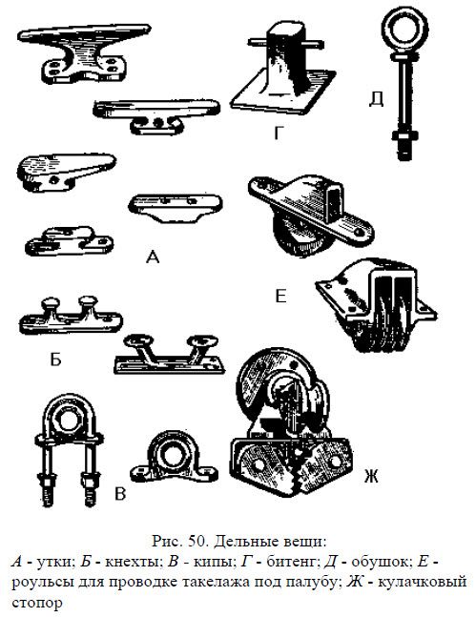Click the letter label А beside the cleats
153,257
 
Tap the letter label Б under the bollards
56,359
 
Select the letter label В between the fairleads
120,493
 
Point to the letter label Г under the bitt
279,134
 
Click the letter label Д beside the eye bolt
377,99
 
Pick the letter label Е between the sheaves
280,296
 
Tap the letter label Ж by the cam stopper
370,477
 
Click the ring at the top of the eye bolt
404,29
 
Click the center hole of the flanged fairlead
172,455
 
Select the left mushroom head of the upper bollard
52,303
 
